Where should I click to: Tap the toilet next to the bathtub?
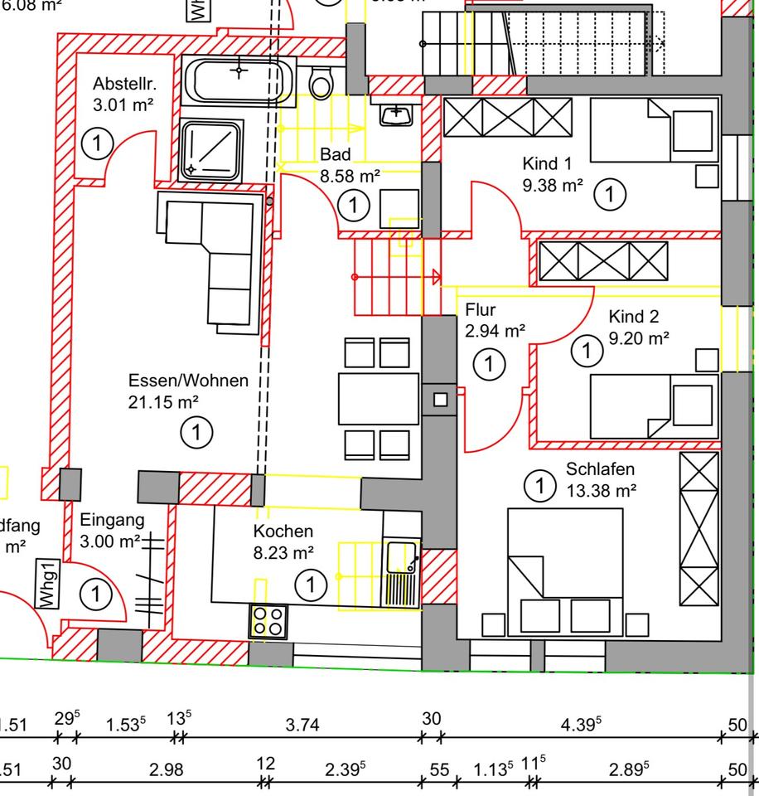coord(321,82)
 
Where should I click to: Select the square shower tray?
coord(211,148)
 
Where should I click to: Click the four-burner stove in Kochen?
coord(268,621)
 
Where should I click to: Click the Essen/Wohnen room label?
coord(188,381)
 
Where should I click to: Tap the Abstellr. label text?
coord(124,84)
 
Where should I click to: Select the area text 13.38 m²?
coord(602,490)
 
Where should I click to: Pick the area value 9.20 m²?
coord(639,337)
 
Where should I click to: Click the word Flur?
coord(481,310)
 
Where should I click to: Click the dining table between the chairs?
coord(378,399)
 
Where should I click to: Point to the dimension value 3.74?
coord(302,725)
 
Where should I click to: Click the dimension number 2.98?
coord(166,769)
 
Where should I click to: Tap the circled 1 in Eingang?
coord(97,594)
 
